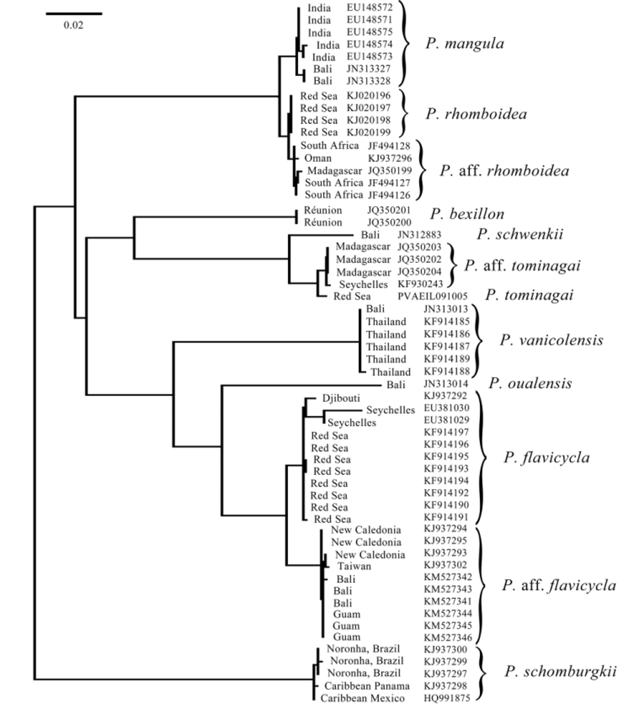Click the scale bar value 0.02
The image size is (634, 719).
click(74, 25)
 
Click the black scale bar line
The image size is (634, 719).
click(74, 14)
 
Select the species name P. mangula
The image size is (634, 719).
click(465, 44)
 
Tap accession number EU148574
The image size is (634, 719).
click(369, 44)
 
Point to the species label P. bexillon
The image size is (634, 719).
click(467, 214)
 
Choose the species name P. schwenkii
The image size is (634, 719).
click(520, 234)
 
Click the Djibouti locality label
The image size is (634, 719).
click(341, 398)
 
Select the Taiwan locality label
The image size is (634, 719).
click(354, 566)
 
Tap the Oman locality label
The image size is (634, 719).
click(317, 158)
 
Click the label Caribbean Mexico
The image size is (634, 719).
click(362, 698)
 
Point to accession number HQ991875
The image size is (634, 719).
click(446, 698)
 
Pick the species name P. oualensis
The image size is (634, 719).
click(530, 383)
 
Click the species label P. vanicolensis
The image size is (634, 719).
click(551, 340)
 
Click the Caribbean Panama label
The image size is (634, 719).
click(367, 686)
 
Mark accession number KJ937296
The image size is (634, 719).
click(390, 158)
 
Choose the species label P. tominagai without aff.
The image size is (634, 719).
click(529, 295)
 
